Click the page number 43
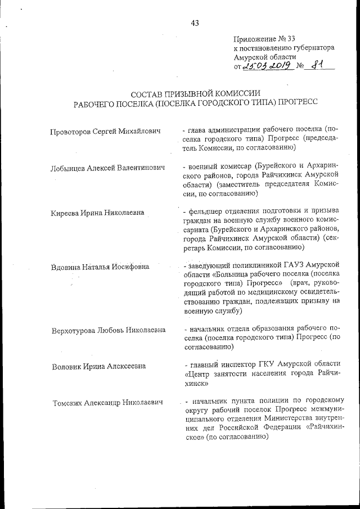click(x=195, y=23)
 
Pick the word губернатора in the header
click(x=312, y=48)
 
